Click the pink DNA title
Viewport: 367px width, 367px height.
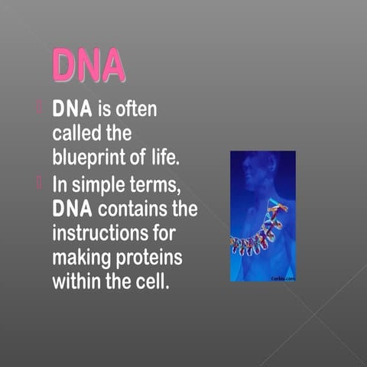[88, 66]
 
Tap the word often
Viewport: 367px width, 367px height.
[137, 109]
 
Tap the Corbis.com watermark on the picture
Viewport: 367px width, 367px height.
[284, 279]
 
